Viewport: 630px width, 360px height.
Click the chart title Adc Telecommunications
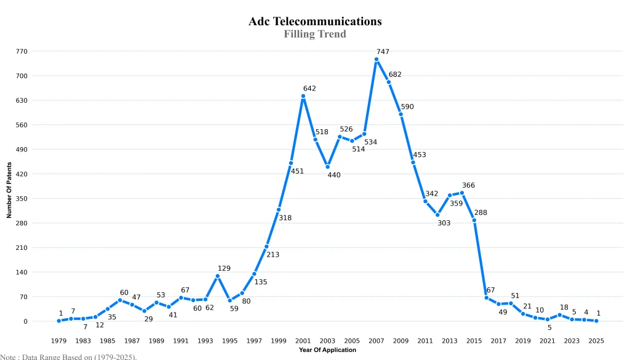315,22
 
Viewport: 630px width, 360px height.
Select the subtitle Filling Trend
315,34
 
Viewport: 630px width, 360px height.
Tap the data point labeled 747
377,60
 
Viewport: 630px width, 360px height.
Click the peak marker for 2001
303,96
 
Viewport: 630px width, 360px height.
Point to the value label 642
309,89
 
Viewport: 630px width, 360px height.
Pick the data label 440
334,175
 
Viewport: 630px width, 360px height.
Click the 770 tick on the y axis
22,52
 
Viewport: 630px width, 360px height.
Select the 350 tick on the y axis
22,199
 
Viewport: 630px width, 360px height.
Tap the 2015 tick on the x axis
474,340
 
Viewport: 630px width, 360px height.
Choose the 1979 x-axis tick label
59,340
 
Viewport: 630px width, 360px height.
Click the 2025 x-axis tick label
596,340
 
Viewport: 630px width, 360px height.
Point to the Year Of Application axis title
327,350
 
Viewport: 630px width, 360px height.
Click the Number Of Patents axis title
9,190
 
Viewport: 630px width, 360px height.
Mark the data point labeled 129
218,276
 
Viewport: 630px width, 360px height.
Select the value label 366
468,185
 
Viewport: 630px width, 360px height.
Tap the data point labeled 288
474,220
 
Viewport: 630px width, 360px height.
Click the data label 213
273,254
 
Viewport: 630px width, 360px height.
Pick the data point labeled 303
437,215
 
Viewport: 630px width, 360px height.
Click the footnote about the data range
68,356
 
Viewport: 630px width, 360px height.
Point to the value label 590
407,106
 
